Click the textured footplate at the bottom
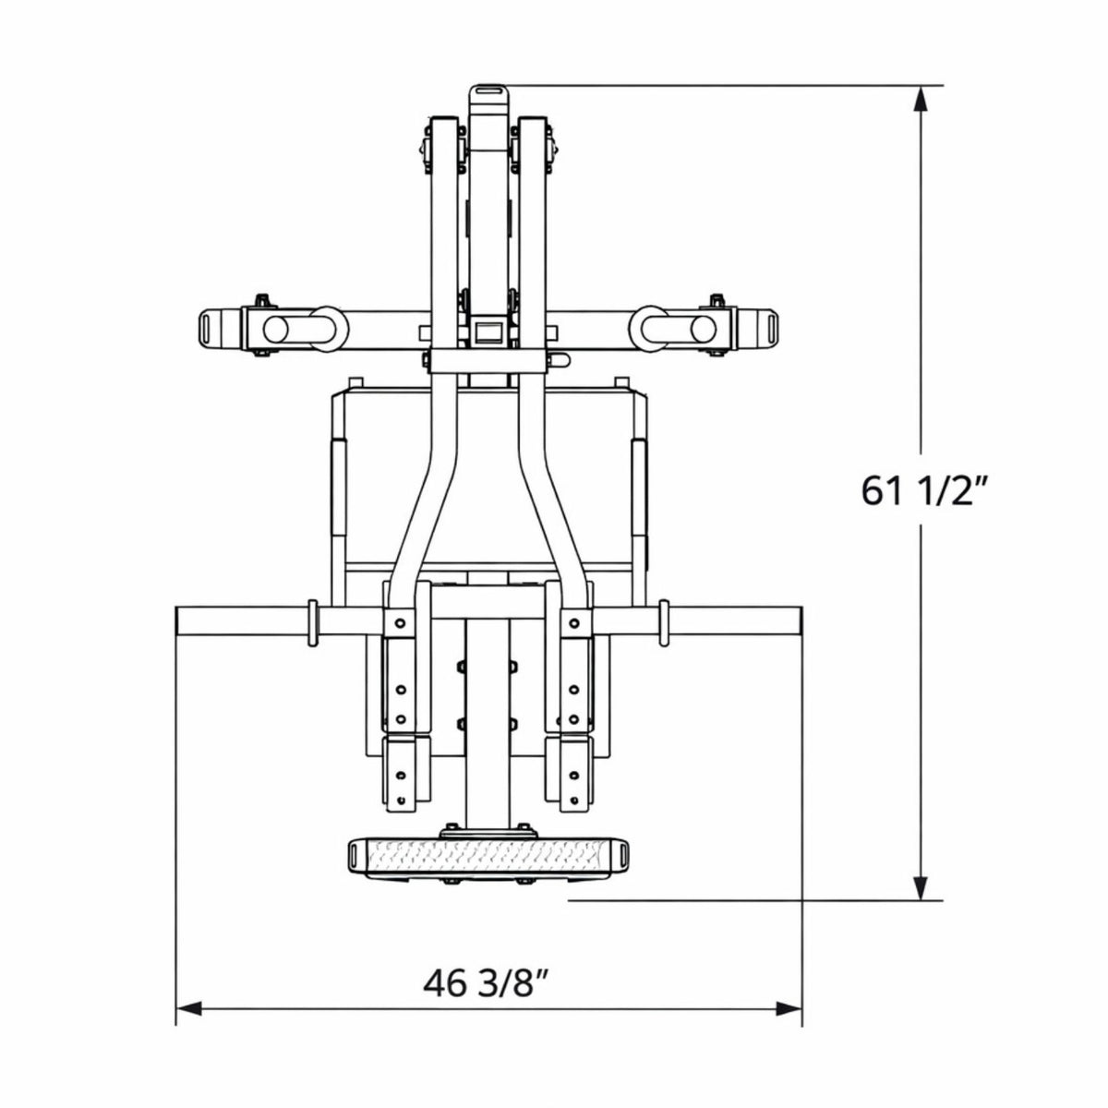[488, 861]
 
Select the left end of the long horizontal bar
[177, 621]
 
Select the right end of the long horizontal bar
[800, 621]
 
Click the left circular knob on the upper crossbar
[275, 329]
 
